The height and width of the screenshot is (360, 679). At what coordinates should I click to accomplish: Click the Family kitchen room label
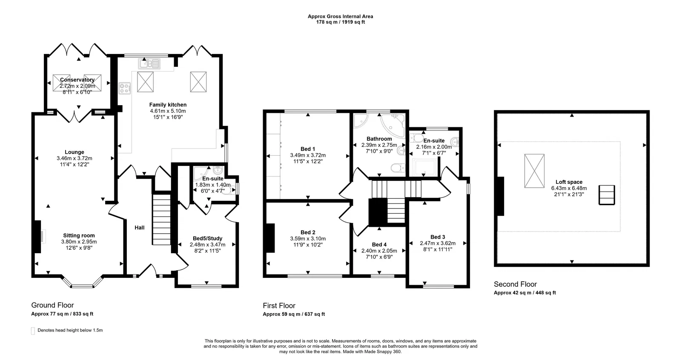pos(168,105)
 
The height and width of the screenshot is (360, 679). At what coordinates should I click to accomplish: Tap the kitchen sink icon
pos(149,64)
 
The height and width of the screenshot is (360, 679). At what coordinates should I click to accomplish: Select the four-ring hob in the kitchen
pos(125,89)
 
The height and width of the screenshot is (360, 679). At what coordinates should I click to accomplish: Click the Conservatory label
pos(77,80)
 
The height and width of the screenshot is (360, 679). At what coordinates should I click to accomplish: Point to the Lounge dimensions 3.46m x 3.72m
pos(74,158)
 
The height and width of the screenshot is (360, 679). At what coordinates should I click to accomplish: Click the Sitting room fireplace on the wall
pos(37,237)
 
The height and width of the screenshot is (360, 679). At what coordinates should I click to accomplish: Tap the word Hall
pos(140,228)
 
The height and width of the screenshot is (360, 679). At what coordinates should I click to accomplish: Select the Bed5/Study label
pos(207,238)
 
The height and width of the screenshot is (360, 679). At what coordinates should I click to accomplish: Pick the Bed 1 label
pos(308,149)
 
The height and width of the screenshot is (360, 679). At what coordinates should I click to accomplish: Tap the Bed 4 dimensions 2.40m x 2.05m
pos(379,251)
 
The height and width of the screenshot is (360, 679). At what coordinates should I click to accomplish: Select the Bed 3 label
pos(438,237)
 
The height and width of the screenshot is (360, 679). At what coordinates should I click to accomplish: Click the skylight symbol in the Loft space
pos(534,171)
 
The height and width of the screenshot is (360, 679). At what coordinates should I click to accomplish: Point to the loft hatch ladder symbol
pos(607,195)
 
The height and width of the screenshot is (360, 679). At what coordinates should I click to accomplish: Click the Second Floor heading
pos(515,284)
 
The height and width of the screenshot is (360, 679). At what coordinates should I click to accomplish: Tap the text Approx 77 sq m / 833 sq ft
pos(62,314)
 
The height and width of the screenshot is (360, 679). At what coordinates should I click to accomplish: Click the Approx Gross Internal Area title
pos(340,17)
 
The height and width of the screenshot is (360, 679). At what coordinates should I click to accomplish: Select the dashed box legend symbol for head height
pos(33,331)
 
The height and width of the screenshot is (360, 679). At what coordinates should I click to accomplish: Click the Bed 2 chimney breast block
pos(269,238)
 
